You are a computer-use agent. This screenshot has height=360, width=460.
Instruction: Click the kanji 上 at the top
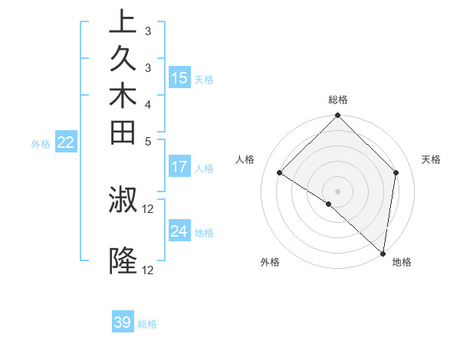pos(123,21)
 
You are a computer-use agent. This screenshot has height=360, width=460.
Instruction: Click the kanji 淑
pos(123,201)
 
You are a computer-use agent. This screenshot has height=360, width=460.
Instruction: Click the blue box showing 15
pos(179,77)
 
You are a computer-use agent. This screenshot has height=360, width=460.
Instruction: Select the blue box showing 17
pos(179,166)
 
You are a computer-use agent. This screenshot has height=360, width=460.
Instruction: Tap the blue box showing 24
pos(179,231)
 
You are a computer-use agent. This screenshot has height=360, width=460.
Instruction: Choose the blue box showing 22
pos(66,142)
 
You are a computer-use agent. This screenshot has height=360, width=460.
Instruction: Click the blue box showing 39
pos(123,322)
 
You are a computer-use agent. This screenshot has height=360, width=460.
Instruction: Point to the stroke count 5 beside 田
pos(148,141)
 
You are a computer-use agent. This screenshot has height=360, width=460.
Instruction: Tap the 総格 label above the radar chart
pos(338,100)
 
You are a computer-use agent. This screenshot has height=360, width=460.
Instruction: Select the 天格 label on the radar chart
pos(431,159)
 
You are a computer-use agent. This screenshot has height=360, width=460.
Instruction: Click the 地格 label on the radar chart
pos(402,263)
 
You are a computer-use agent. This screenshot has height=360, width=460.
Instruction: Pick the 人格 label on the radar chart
pos(245,159)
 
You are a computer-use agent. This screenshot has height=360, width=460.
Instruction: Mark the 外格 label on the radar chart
pos(270,263)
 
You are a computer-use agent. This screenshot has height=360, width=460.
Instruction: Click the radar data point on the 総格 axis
pos(337,116)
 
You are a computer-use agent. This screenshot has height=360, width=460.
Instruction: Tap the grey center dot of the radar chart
pos(337,191)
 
